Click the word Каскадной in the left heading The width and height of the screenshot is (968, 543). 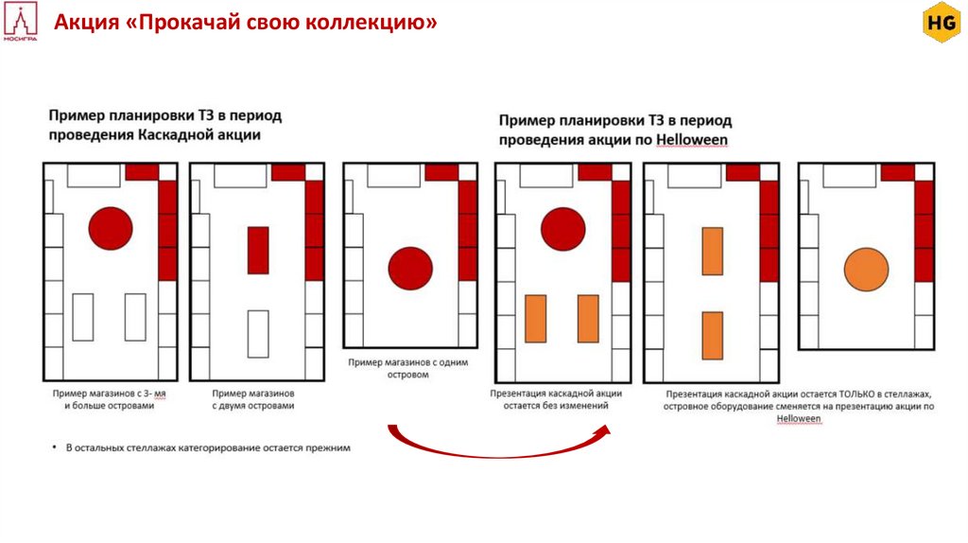180,134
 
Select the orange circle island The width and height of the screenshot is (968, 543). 866,270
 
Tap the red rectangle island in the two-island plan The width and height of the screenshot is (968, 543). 258,251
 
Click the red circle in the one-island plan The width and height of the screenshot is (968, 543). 410,269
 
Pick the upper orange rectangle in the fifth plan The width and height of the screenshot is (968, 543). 713,251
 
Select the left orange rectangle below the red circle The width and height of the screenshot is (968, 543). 535,318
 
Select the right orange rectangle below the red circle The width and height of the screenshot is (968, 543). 588,318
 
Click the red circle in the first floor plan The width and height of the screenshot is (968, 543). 110,228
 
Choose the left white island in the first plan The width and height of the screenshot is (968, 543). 83,317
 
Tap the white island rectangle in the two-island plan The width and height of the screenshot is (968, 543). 258,333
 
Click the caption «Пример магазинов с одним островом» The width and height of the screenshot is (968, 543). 407,368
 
